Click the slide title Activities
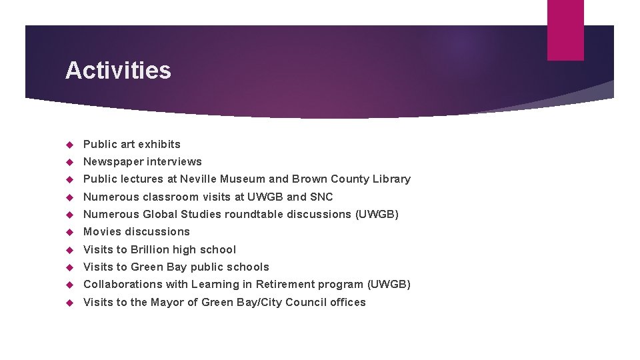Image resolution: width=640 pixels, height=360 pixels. point(118,70)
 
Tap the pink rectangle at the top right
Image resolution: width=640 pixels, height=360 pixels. point(565,30)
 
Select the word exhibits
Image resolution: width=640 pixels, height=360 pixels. point(159,144)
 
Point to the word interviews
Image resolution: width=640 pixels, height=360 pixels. point(174,161)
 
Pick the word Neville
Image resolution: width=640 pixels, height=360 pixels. point(198,179)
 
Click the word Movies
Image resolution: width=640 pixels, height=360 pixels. point(102,231)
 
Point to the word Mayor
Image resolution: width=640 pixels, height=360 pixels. point(167,302)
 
